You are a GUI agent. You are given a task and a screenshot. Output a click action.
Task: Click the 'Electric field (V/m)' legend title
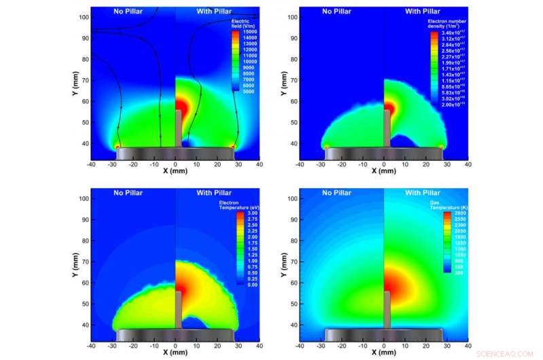pos(242,26)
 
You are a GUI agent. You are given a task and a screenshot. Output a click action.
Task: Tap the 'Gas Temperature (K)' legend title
pos(455,206)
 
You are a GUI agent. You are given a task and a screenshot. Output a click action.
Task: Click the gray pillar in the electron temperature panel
pos(179,309)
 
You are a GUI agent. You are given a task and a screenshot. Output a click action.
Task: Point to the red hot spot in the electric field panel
pos(182,107)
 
